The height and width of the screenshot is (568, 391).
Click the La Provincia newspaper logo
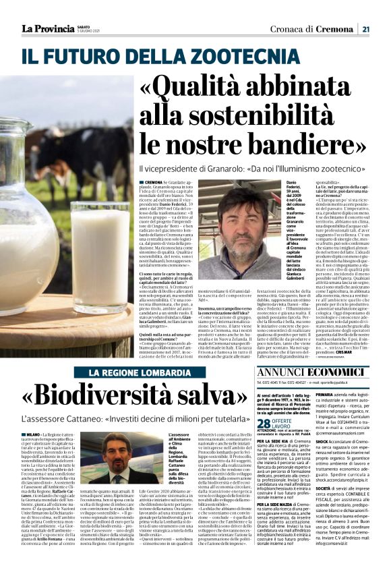point(47,28)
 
